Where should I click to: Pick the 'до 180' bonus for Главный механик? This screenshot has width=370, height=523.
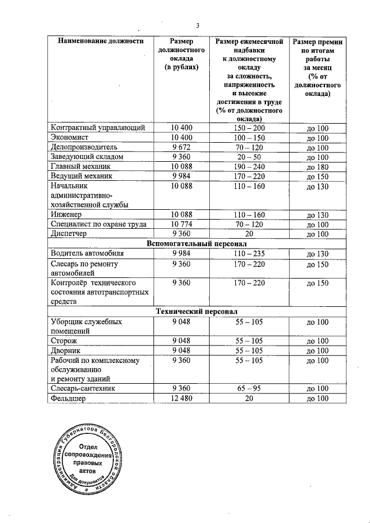click(x=317, y=167)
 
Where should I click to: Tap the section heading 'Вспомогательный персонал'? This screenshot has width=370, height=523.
click(x=196, y=244)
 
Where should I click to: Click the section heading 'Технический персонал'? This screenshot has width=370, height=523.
click(x=196, y=311)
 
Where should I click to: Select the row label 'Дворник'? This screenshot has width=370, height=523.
click(x=67, y=351)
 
